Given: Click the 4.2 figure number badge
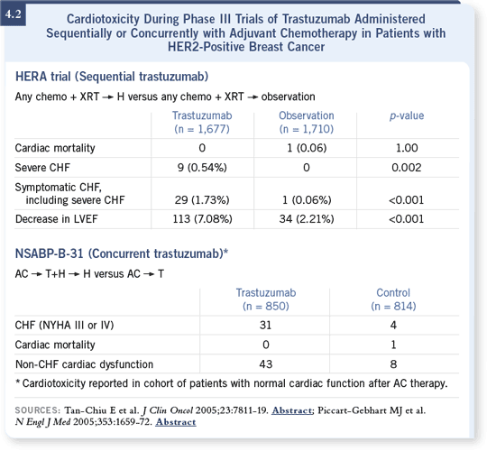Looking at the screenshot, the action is pos(14,14).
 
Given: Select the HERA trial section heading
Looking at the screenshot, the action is pos(112,77).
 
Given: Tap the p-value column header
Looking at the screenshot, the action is pos(407,115).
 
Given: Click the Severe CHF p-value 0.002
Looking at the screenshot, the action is pos(407,168).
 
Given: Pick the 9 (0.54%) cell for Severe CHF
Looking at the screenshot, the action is pos(202,168).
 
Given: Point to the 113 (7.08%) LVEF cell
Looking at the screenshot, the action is pos(202,219).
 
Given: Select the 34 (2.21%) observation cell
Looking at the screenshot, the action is pos(307,219).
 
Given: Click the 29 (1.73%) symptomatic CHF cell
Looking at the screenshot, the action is pos(202,200).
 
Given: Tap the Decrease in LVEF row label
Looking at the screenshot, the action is pos(56,219).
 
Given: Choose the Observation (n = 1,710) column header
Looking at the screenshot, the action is pos(307,122).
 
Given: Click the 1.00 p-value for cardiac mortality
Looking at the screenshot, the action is pos(407,148).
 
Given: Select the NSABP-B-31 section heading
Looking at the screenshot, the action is pos(122,253).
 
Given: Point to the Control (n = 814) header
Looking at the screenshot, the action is pos(393,299).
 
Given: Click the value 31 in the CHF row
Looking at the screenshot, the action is pos(265,326).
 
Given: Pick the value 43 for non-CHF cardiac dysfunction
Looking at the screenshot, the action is pos(266,364).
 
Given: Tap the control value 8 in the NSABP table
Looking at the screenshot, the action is pos(393,364).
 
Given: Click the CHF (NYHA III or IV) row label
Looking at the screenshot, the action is pos(64,326).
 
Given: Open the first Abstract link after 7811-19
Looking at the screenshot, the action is pos(291,410).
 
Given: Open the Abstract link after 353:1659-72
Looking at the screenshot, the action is pos(176,422).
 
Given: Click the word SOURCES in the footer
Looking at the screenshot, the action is pos(37,410).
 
